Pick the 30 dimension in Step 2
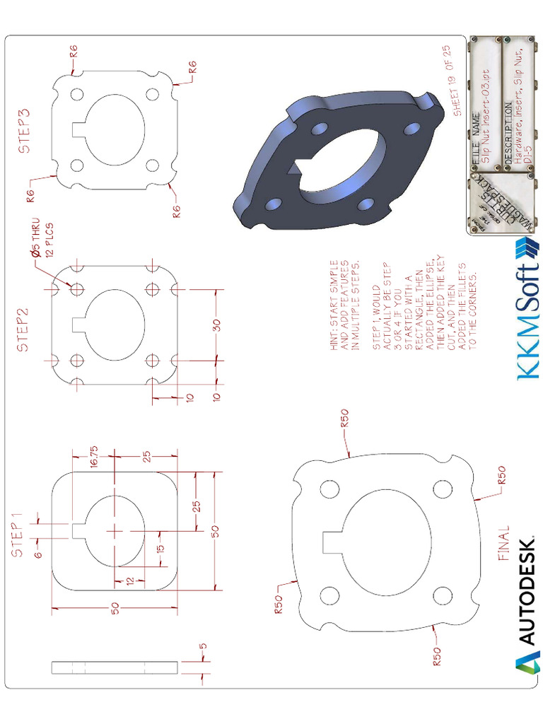tap(217, 325)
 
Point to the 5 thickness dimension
tap(203, 645)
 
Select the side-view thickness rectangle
tap(115, 667)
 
